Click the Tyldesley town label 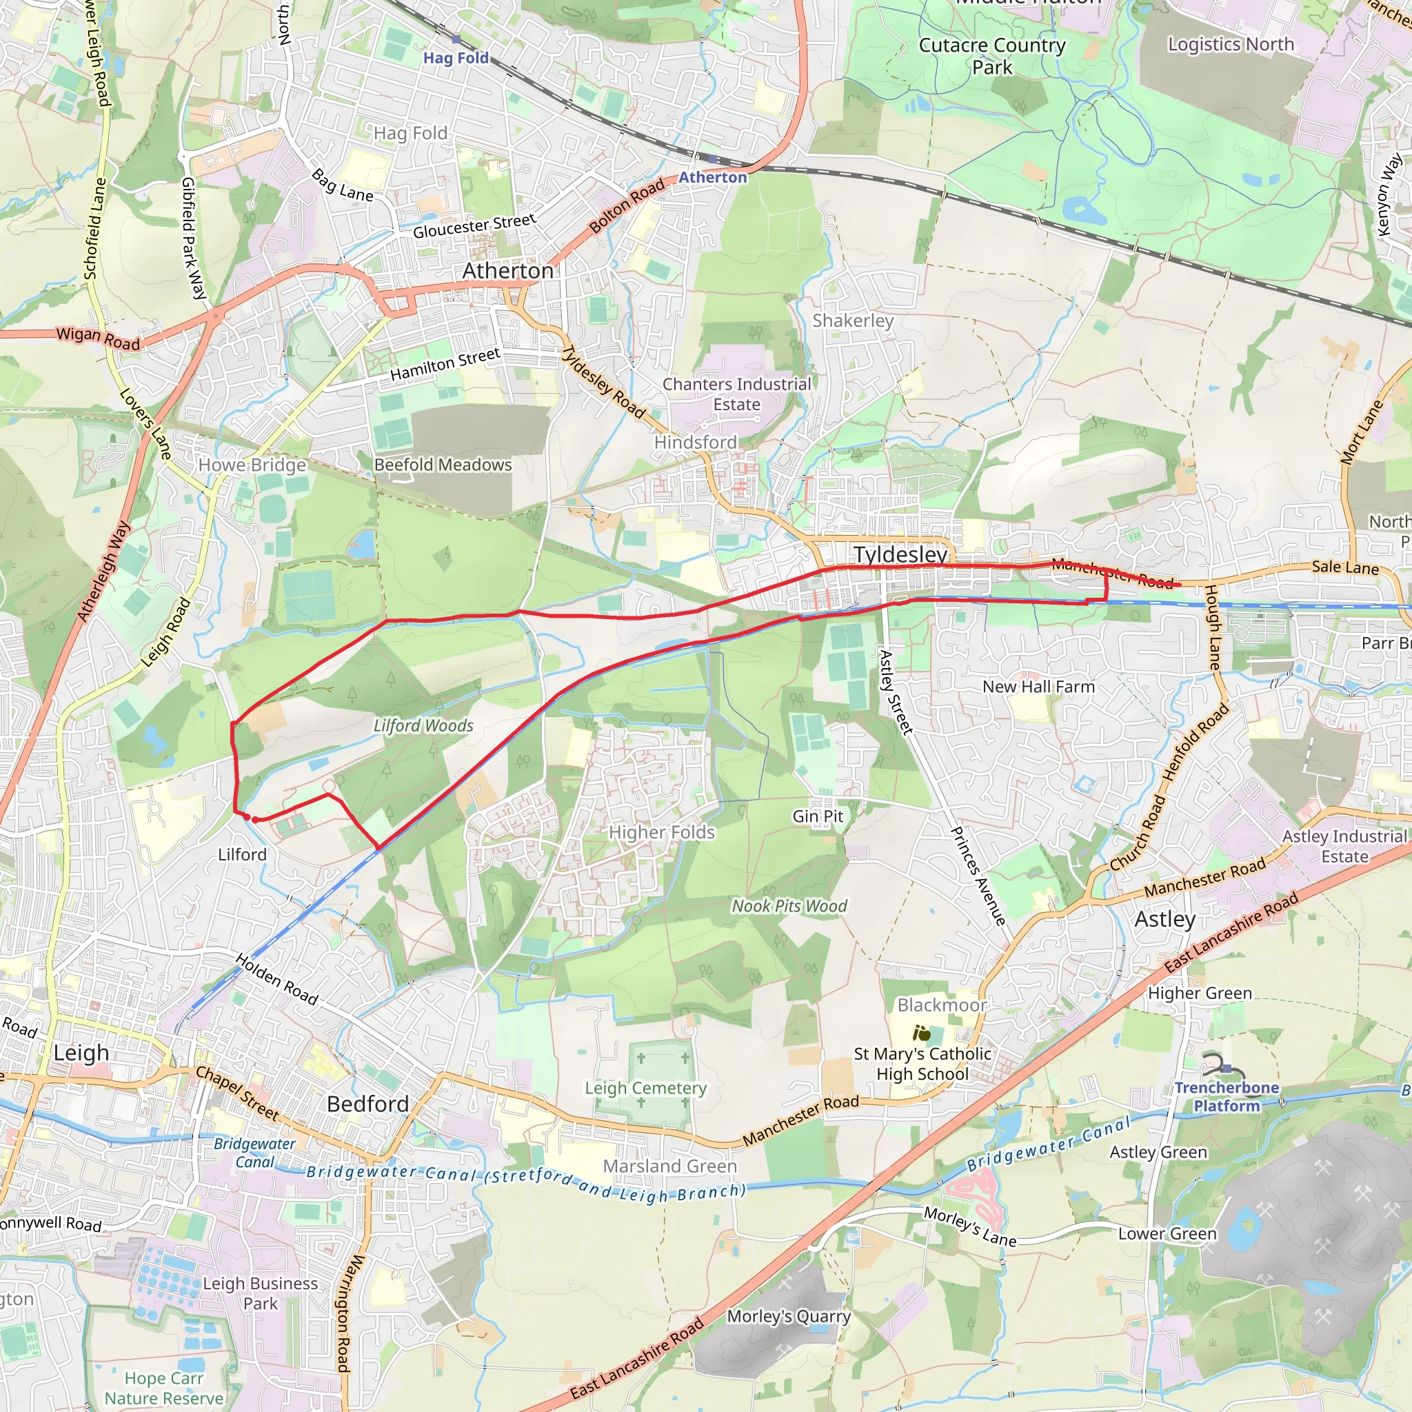(x=900, y=555)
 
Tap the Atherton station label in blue (x=713, y=178)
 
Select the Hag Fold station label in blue (x=456, y=58)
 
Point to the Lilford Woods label (x=423, y=726)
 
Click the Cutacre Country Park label (x=991, y=57)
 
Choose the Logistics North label (x=1231, y=45)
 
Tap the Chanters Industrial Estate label (x=737, y=394)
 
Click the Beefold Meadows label (x=443, y=465)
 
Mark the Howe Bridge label (x=252, y=465)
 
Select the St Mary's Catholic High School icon (x=922, y=1033)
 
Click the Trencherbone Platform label (x=1227, y=1096)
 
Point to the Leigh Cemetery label (x=645, y=1088)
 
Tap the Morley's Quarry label (x=789, y=1317)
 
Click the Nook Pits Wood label (x=789, y=906)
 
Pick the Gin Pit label (x=817, y=816)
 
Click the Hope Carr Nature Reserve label (x=163, y=1388)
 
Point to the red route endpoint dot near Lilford (x=248, y=817)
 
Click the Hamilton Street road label (x=445, y=364)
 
